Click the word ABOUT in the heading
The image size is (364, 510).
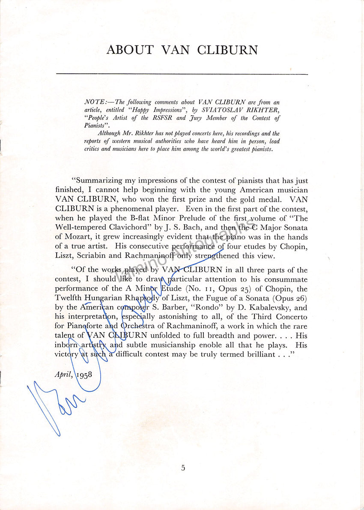130,50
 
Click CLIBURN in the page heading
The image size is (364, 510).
227,50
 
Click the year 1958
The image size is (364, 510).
84,374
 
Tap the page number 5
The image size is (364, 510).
183,468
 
